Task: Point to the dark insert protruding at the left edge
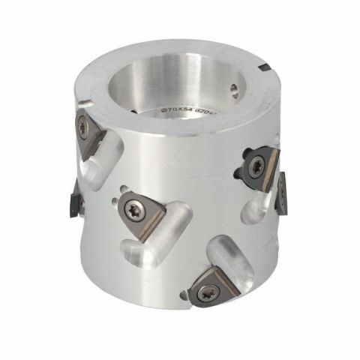point(73,199)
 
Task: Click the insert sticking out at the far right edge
point(283,192)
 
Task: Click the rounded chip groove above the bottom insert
point(229,259)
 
